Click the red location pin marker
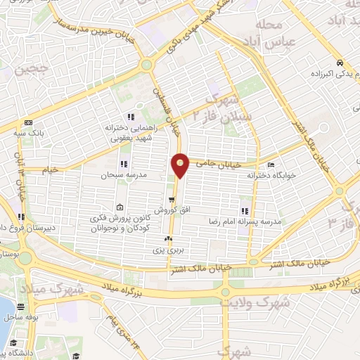(x=181, y=165)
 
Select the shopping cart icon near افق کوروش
(x=170, y=199)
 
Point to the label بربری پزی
(x=169, y=250)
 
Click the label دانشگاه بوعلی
(x=28, y=354)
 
